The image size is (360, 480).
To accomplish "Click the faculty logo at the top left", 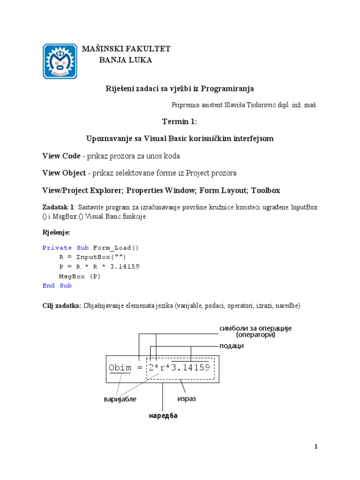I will tap(60, 61).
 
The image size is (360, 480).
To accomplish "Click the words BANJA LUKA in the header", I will tap(126, 60).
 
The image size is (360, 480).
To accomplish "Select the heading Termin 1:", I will tap(180, 122).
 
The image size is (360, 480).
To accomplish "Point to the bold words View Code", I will tap(61, 156).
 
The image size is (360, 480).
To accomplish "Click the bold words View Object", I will tap(64, 173).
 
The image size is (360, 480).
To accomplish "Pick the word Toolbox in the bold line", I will tap(265, 190).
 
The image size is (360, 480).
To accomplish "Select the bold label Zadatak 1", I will tap(58, 207).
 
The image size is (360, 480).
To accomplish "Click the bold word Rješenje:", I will tap(56, 232).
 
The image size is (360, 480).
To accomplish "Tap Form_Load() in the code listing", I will tap(116, 247).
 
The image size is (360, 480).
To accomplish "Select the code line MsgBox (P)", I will tap(80, 276).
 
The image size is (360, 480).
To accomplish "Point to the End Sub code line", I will tap(57, 285).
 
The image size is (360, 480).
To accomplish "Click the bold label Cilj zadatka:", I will tap(62, 306).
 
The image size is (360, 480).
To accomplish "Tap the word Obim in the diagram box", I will tap(120, 367).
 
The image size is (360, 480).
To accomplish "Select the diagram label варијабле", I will tap(120, 399).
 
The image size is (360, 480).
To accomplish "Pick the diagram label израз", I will tap(186, 398).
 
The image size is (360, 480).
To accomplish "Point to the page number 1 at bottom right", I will tap(316, 447).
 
